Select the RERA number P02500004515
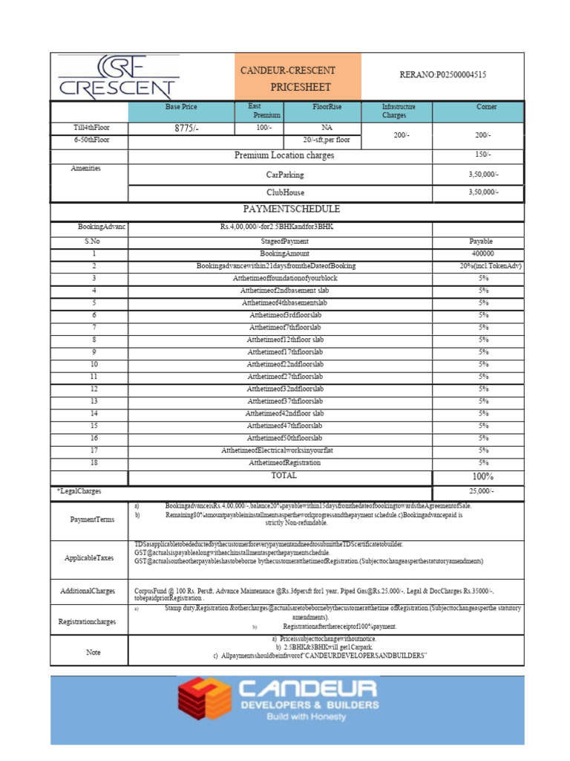(x=442, y=75)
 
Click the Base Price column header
(x=181, y=108)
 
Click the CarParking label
(x=285, y=175)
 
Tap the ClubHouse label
(x=286, y=192)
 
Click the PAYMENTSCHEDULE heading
(x=286, y=210)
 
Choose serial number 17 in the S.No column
(x=94, y=450)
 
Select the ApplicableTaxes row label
(x=90, y=557)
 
